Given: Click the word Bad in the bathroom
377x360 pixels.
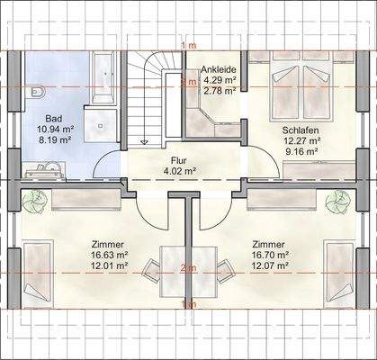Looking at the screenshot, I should [x=54, y=119].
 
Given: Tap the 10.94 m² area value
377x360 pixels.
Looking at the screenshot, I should [x=55, y=130].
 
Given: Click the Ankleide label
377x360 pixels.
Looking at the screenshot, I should [x=220, y=69].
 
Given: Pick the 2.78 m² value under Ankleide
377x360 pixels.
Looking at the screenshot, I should [x=220, y=91].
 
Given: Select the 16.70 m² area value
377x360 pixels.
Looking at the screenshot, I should [x=270, y=255].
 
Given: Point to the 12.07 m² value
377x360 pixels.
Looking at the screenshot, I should [x=270, y=265].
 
